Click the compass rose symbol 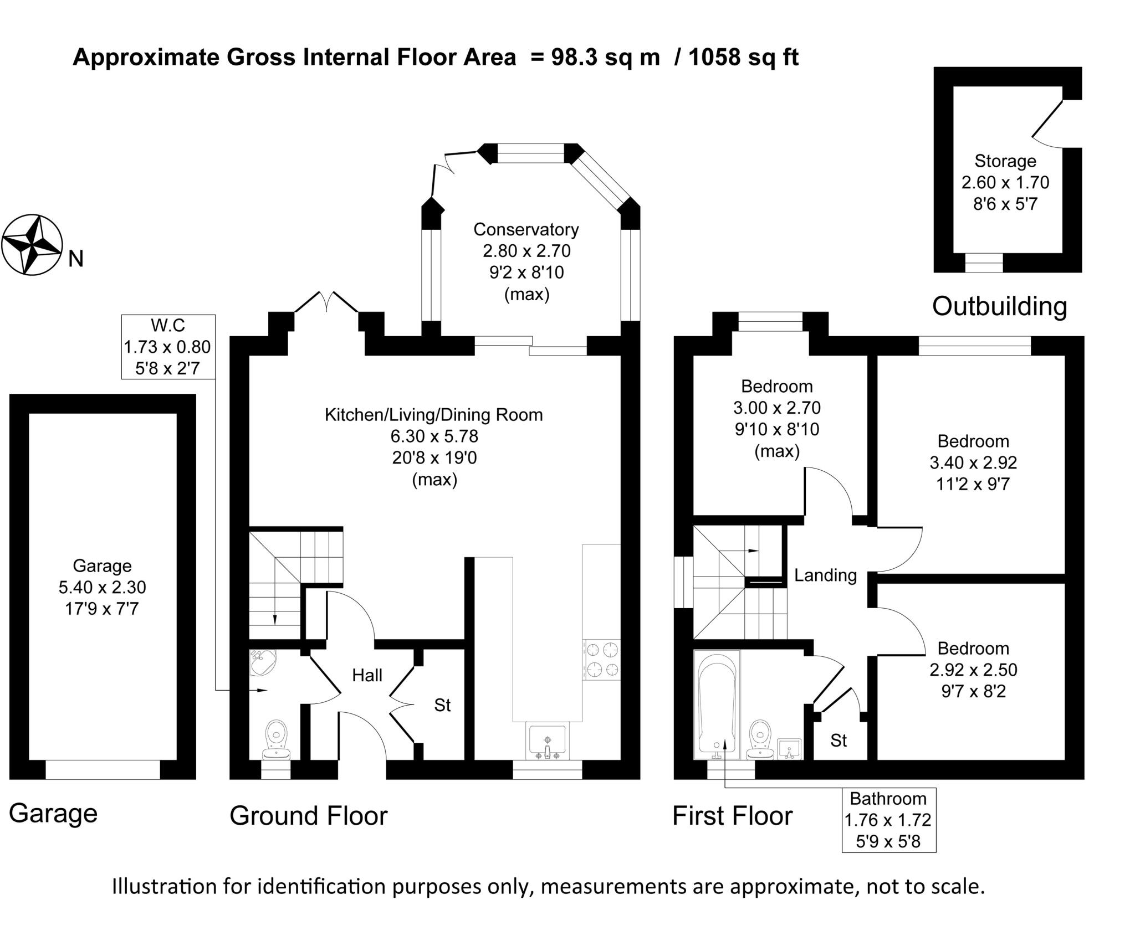[x=32, y=244]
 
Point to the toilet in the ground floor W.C [x=276, y=739]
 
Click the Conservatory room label [x=526, y=229]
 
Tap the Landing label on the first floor [x=825, y=575]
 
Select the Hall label [x=367, y=675]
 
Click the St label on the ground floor [x=442, y=705]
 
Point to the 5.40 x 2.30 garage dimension [x=102, y=587]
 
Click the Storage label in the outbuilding [x=1005, y=161]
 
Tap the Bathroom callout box [x=888, y=820]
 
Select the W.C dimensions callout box [x=168, y=347]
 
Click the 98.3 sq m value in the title [x=605, y=57]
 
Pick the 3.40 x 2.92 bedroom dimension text [x=973, y=462]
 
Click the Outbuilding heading [x=999, y=306]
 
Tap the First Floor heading [x=732, y=816]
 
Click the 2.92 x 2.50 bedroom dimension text [x=973, y=670]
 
